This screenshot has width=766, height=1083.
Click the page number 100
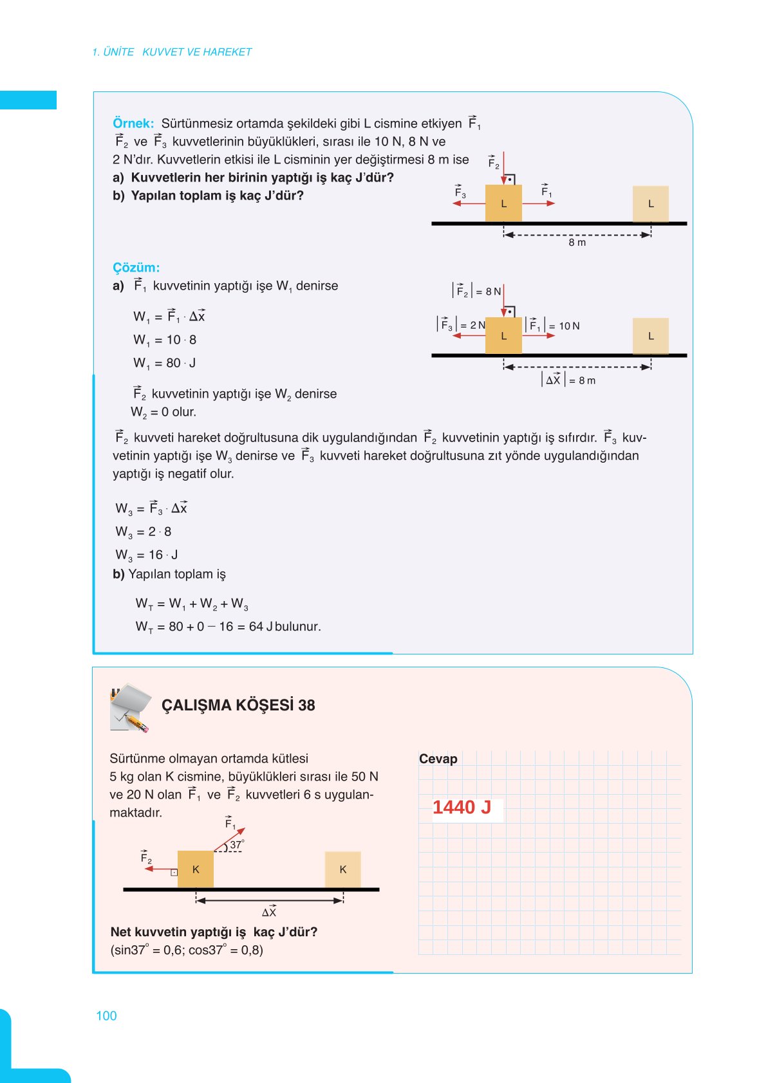[x=106, y=1015]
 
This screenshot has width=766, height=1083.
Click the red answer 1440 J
[x=462, y=807]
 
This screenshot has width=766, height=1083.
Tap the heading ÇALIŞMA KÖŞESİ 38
[x=238, y=705]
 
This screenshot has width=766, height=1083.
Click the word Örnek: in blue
[x=133, y=124]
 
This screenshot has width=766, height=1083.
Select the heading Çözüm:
[x=136, y=268]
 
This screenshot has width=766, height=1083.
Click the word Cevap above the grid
[x=438, y=759]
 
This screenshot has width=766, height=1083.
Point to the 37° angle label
[x=237, y=845]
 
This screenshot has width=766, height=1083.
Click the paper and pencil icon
[x=131, y=708]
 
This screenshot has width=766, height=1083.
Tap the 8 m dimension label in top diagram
[x=577, y=243]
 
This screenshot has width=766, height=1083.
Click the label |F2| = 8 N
[x=476, y=292]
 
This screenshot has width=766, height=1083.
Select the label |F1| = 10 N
[x=552, y=326]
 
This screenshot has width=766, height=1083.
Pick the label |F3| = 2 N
[x=461, y=325]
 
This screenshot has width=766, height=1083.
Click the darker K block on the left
[x=196, y=869]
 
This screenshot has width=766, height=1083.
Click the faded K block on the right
[x=342, y=869]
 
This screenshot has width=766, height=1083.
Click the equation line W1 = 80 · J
[x=165, y=363]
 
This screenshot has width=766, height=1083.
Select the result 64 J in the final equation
[x=261, y=626]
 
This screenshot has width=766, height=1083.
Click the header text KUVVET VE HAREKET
[x=197, y=52]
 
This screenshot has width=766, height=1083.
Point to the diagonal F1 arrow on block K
[x=230, y=838]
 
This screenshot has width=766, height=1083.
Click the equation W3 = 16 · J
[x=147, y=555]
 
